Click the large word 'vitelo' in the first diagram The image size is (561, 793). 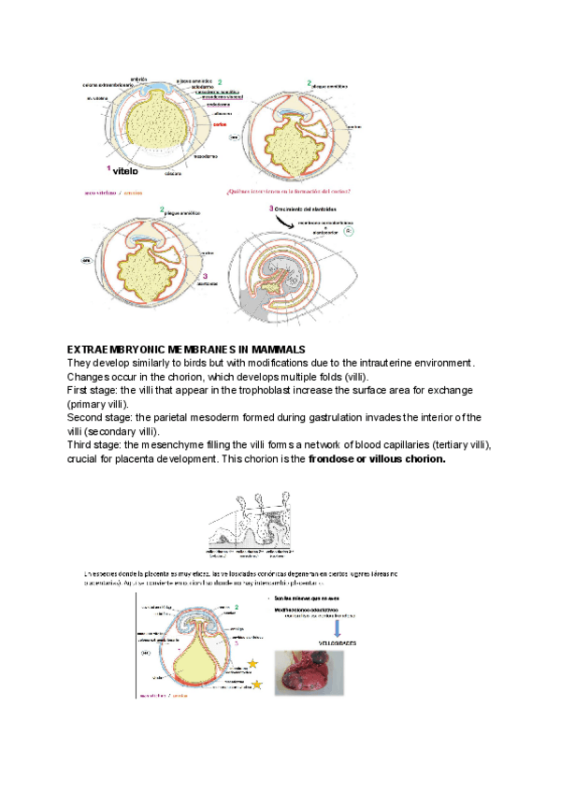click(x=124, y=171)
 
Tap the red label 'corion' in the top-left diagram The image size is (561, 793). click(x=220, y=123)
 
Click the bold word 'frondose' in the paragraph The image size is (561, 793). click(x=335, y=459)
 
